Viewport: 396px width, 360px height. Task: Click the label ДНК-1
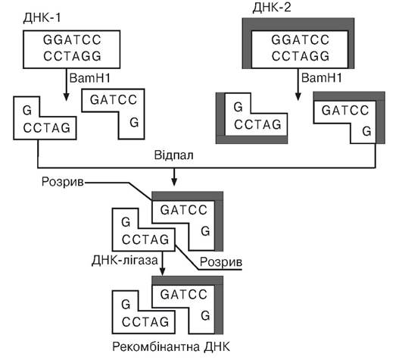[42, 18]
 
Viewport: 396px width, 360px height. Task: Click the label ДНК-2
[272, 8]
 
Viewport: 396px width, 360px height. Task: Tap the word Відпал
[173, 155]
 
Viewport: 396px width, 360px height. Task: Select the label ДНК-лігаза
[125, 261]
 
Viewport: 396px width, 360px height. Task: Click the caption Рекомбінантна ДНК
[171, 347]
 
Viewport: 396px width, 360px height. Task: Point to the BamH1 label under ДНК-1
[90, 78]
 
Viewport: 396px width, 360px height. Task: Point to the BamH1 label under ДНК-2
[322, 77]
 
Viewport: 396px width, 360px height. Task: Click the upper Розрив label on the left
[63, 182]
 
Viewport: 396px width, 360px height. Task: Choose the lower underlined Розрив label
[221, 262]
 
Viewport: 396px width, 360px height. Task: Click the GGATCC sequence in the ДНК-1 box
[72, 39]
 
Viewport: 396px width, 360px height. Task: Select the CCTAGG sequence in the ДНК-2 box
[301, 56]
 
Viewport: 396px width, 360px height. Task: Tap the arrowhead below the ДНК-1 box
[66, 97]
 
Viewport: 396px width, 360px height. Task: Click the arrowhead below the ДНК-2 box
[298, 97]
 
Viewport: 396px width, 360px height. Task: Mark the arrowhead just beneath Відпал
[174, 182]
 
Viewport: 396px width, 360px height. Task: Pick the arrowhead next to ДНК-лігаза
[163, 271]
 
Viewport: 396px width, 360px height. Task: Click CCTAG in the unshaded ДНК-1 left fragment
[47, 128]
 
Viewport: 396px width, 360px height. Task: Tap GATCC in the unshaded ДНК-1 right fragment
[114, 99]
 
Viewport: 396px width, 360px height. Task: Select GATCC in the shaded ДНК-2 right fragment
[345, 111]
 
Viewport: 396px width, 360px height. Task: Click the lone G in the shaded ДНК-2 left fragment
[239, 107]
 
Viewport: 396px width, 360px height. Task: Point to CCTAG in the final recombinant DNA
[145, 322]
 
